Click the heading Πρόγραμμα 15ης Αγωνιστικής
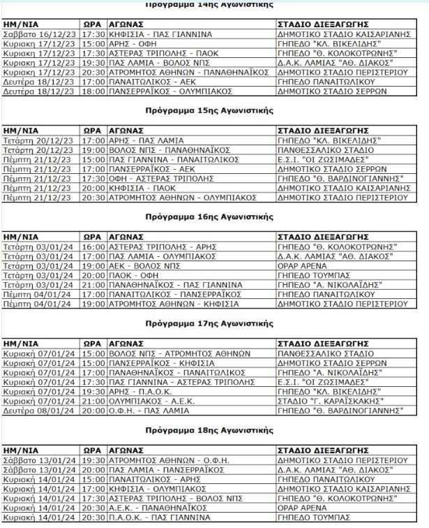(209, 110)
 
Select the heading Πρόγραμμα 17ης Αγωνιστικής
(209, 323)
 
